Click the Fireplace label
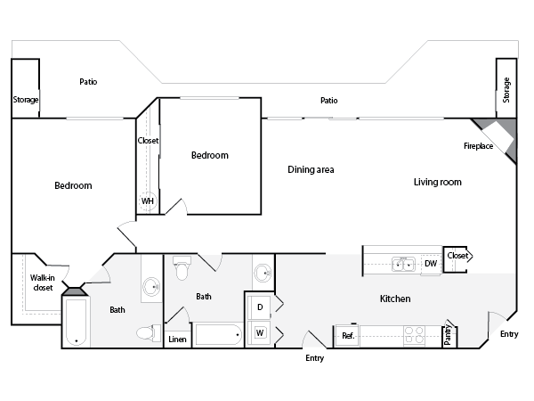(x=478, y=146)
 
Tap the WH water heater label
(x=147, y=201)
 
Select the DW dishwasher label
(x=430, y=264)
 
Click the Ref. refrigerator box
(x=346, y=336)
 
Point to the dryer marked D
(x=260, y=307)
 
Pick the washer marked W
(x=260, y=333)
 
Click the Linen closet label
(x=177, y=340)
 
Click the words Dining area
(x=311, y=169)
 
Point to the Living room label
(x=437, y=182)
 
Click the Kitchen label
(x=395, y=299)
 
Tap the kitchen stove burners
(x=415, y=335)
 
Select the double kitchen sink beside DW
(x=403, y=264)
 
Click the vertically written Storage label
(x=506, y=90)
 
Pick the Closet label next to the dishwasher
(x=457, y=257)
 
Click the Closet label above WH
(x=148, y=141)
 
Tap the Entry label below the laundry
(x=314, y=358)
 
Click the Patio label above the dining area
(x=329, y=101)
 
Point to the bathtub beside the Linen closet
(x=218, y=336)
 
